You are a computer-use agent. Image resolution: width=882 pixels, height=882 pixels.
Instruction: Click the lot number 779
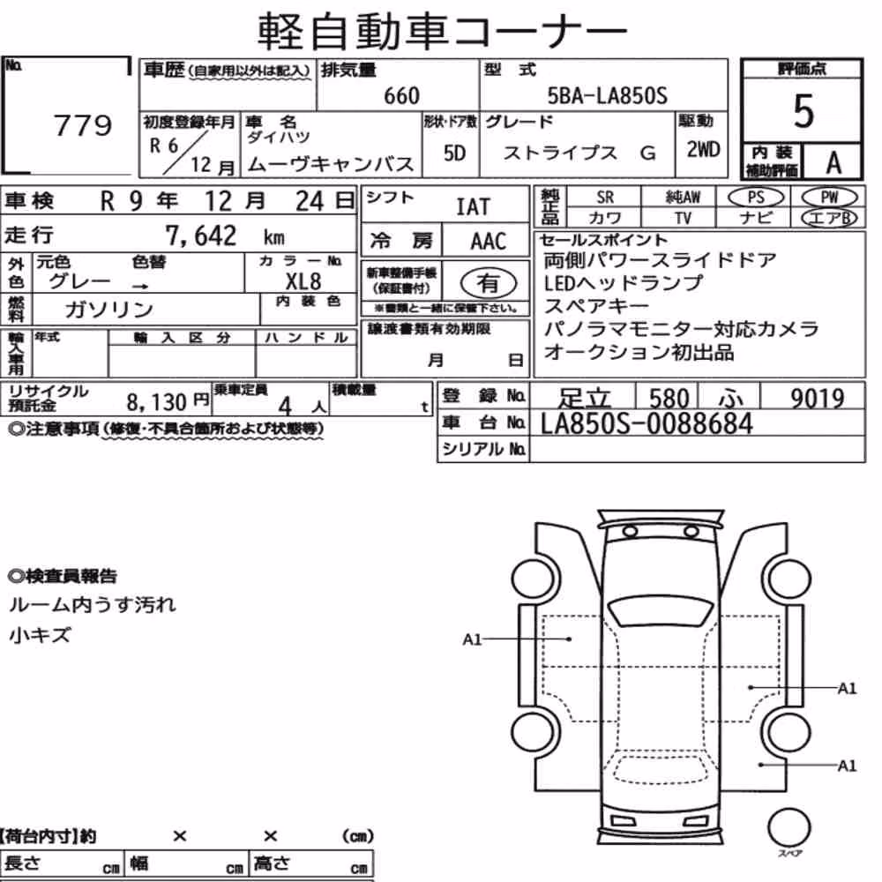tap(83, 125)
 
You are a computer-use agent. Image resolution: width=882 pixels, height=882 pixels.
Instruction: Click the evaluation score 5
tap(804, 111)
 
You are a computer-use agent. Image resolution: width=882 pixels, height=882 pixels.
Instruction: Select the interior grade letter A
tap(833, 162)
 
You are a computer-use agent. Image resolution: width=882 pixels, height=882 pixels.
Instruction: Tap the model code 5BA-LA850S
tap(608, 95)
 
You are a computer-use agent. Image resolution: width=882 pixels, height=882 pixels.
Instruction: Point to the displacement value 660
tap(401, 95)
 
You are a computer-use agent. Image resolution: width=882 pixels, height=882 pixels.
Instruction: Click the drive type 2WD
tap(703, 149)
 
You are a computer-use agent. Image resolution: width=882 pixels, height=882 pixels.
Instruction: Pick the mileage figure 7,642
tap(201, 235)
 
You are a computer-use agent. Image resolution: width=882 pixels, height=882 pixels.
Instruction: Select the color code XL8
tap(303, 280)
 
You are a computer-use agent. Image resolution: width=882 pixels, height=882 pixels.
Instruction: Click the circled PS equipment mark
tap(756, 198)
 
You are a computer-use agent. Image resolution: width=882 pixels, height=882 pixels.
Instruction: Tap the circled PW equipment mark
tap(829, 198)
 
